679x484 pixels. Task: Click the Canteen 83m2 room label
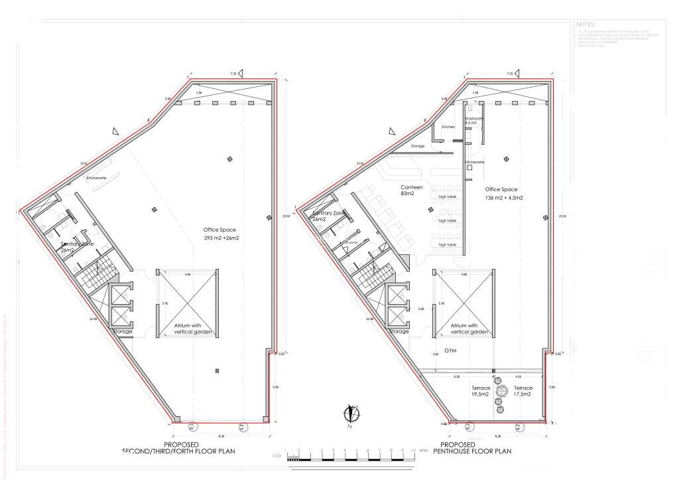pyautogui.click(x=412, y=191)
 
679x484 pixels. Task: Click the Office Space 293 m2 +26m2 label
pyautogui.click(x=221, y=234)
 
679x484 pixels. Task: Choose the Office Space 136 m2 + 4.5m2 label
pyautogui.click(x=504, y=193)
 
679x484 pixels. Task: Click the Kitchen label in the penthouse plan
pyautogui.click(x=448, y=127)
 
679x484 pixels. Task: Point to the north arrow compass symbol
pyautogui.click(x=353, y=414)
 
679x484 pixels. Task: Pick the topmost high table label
pyautogui.click(x=448, y=197)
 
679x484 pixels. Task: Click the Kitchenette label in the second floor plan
pyautogui.click(x=97, y=179)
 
